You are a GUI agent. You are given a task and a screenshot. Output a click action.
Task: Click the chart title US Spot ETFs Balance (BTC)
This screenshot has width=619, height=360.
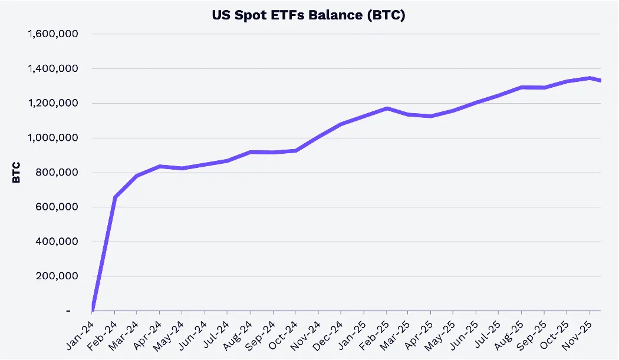(x=308, y=15)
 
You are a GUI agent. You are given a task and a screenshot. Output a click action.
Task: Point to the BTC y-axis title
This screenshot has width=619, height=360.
(x=16, y=173)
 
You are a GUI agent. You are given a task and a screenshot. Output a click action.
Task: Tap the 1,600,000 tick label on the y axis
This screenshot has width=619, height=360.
(x=53, y=34)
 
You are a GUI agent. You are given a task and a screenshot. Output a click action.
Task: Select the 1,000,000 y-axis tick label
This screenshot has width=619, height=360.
(x=53, y=138)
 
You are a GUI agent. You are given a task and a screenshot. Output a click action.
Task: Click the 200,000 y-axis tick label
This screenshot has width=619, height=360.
(x=57, y=276)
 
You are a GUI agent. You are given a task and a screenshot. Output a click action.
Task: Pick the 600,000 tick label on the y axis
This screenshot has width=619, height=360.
(x=57, y=207)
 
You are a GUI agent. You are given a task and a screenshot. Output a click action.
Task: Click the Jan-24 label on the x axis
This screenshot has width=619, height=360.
(x=80, y=335)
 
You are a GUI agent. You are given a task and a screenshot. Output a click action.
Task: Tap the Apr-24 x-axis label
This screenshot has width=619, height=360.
(x=147, y=335)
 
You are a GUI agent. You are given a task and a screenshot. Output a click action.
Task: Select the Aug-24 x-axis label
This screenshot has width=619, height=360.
(x=238, y=335)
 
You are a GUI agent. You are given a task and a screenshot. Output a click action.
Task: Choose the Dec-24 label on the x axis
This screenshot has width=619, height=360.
(x=328, y=335)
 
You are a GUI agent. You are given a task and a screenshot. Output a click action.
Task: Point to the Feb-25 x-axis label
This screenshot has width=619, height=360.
(x=374, y=335)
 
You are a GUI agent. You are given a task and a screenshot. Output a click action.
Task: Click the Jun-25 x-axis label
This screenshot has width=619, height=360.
(x=465, y=335)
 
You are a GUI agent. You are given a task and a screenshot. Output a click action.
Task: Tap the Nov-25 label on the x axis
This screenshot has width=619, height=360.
(x=577, y=335)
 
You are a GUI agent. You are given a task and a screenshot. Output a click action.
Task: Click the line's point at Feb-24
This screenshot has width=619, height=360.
(x=114, y=197)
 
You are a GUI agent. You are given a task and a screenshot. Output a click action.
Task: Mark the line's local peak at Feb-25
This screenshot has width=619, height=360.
(x=387, y=108)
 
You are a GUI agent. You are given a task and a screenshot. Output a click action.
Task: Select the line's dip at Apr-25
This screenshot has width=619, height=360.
(x=431, y=116)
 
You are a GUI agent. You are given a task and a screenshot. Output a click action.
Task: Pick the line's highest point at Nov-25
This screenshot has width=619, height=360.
(x=590, y=78)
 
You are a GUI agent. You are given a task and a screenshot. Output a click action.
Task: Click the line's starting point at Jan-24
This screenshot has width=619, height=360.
(x=93, y=309)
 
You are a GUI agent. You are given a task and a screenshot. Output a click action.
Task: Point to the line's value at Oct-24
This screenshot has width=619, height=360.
(x=295, y=151)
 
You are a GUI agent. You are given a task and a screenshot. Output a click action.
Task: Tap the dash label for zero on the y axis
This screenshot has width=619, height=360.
(x=68, y=311)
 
